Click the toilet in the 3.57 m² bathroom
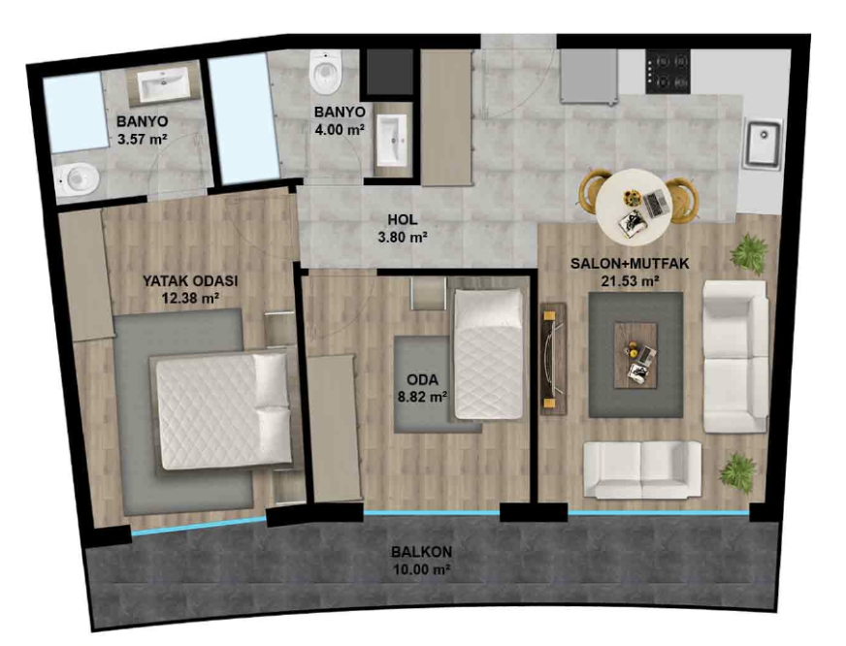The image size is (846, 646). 78,179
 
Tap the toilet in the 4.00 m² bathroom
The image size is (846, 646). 326,72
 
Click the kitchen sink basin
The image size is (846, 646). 763,143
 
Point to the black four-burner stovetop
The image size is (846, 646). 667,72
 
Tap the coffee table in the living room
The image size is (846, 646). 635,355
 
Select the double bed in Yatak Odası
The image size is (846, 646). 223,411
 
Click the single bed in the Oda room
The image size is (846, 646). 489,354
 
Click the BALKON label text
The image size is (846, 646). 421,552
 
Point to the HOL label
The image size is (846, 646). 402,219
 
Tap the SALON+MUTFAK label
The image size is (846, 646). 631,264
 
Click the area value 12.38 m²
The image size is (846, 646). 190,298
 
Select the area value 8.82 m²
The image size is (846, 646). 422,398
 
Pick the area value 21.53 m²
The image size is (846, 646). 631,281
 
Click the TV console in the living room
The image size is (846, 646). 554,359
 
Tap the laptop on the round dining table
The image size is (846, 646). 656,204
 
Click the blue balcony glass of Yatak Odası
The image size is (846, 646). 199,526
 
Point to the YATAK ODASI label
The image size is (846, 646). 190,281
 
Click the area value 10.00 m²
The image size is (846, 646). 421,569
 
